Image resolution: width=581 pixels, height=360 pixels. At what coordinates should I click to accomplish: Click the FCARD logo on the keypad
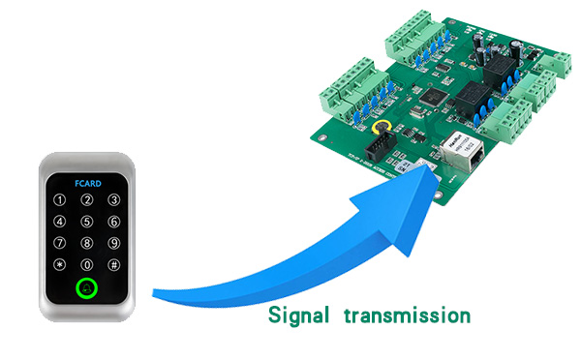pyautogui.click(x=87, y=179)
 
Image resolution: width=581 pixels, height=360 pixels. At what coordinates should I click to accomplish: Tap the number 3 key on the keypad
pyautogui.click(x=114, y=200)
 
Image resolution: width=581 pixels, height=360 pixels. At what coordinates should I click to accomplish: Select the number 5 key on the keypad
pyautogui.click(x=87, y=222)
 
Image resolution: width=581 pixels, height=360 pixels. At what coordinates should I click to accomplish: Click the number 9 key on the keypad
pyautogui.click(x=114, y=243)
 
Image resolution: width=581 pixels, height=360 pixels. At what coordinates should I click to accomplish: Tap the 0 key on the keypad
pyautogui.click(x=87, y=264)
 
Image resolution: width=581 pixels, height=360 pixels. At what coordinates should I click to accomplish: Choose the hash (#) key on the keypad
pyautogui.click(x=114, y=264)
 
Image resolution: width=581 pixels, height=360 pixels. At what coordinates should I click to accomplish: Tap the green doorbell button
pyautogui.click(x=87, y=288)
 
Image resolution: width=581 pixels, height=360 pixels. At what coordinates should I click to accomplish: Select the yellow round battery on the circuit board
pyautogui.click(x=382, y=128)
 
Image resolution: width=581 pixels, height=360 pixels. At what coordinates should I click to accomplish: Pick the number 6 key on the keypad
pyautogui.click(x=114, y=222)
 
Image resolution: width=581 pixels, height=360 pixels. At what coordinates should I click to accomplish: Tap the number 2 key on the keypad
pyautogui.click(x=87, y=200)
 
